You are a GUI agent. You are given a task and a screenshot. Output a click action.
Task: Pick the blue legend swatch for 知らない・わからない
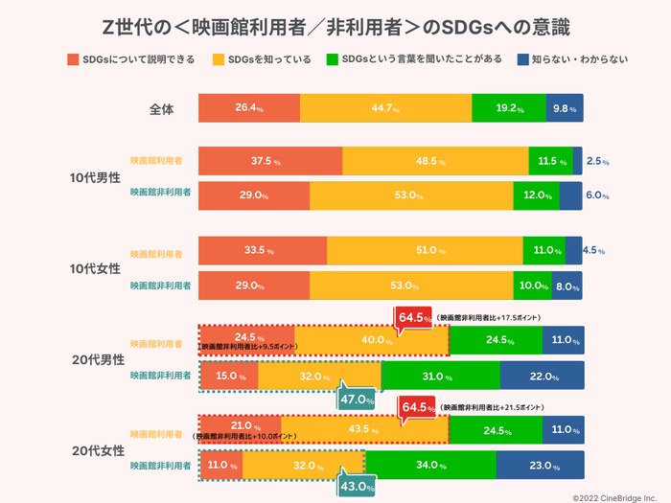point(524,59)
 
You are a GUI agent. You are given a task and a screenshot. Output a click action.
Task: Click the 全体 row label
point(163,109)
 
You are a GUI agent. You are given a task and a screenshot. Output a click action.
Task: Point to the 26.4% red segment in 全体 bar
point(249,109)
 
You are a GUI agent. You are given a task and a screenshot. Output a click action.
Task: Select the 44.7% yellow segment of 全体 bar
point(385,109)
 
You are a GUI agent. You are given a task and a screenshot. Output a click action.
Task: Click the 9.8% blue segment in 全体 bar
point(564,109)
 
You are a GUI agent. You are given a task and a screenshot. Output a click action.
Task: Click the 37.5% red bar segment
point(269,161)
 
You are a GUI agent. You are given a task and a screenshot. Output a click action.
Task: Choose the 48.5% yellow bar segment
point(434,161)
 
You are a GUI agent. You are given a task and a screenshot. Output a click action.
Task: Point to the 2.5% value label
point(597,161)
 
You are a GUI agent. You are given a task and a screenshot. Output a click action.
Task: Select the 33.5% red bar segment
point(262,251)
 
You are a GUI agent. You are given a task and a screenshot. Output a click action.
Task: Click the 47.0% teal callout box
point(357,399)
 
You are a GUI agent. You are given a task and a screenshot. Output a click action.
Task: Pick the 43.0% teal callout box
point(357,486)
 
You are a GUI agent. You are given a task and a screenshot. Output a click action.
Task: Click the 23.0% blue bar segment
point(539,465)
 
